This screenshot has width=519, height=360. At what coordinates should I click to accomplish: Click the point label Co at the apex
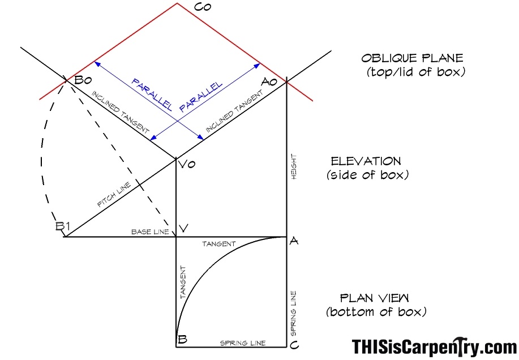(x=203, y=7)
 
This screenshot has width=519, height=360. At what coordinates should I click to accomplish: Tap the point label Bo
(x=83, y=80)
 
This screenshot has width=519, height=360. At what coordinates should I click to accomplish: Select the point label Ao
(x=269, y=82)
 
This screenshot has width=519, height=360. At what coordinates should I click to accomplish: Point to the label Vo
(x=187, y=164)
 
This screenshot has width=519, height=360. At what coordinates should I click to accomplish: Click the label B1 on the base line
(x=63, y=226)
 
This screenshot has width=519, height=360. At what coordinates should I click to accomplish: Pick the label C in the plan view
(x=294, y=345)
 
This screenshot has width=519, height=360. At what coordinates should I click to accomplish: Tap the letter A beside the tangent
(x=294, y=241)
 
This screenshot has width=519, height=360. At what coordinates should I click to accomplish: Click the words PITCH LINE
(x=114, y=195)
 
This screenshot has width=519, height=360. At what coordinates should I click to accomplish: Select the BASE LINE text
(x=150, y=232)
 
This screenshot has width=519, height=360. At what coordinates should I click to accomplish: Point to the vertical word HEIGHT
(x=294, y=167)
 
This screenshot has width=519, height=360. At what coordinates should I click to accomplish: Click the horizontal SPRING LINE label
(x=243, y=343)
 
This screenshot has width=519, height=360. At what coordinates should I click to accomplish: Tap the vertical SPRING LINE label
(x=293, y=314)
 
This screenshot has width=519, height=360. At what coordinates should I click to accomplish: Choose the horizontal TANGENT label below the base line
(x=219, y=244)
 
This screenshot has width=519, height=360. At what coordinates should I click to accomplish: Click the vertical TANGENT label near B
(x=183, y=282)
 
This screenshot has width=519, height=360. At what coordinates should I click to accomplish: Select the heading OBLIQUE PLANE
(x=412, y=58)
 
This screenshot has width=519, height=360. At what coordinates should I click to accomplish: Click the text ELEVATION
(x=366, y=161)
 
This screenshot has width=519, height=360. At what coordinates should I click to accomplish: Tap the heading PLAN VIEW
(x=374, y=298)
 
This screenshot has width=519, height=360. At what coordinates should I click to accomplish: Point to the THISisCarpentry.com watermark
(x=434, y=347)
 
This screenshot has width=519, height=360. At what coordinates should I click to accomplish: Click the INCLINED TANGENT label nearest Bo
(x=120, y=112)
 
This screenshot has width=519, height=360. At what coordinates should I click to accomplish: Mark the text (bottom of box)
(x=376, y=312)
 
